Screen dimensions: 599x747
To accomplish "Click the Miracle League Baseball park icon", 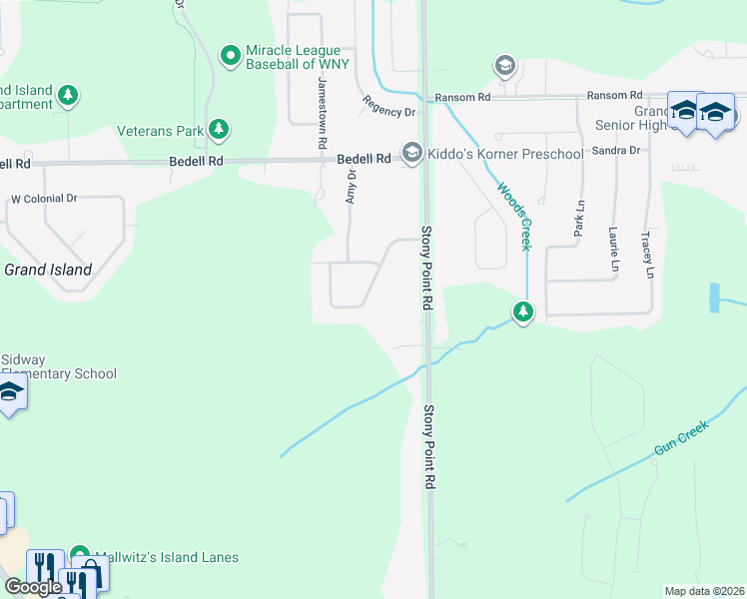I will pyautogui.click(x=231, y=55).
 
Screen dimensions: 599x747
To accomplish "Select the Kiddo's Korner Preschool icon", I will pyautogui.click(x=411, y=153).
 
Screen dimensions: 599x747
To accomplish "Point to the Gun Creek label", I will pyautogui.click(x=681, y=438).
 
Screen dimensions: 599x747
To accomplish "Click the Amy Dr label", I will pyautogui.click(x=351, y=187).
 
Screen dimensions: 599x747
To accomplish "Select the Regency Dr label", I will pyautogui.click(x=388, y=105).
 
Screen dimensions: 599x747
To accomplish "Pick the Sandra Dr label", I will pyautogui.click(x=615, y=150).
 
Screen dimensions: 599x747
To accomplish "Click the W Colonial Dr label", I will pyautogui.click(x=44, y=199).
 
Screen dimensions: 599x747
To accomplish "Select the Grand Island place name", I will pyautogui.click(x=48, y=270).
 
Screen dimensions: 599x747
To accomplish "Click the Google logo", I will pyautogui.click(x=33, y=587).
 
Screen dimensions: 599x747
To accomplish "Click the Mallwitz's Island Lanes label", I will pyautogui.click(x=167, y=557).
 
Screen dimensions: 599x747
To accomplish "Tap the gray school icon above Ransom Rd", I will pyautogui.click(x=505, y=67).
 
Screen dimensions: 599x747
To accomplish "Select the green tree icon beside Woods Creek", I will pyautogui.click(x=522, y=312).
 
